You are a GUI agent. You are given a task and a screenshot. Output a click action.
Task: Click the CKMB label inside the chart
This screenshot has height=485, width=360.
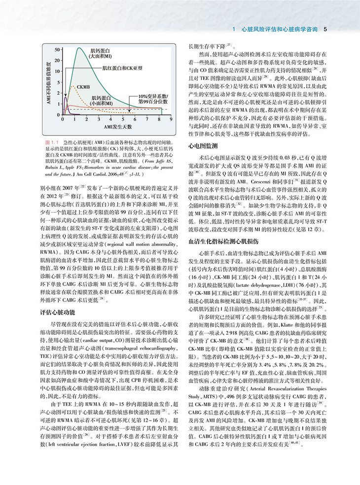tap(84, 86)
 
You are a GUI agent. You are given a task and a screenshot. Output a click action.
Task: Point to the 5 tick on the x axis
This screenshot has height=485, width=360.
tap(129, 119)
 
